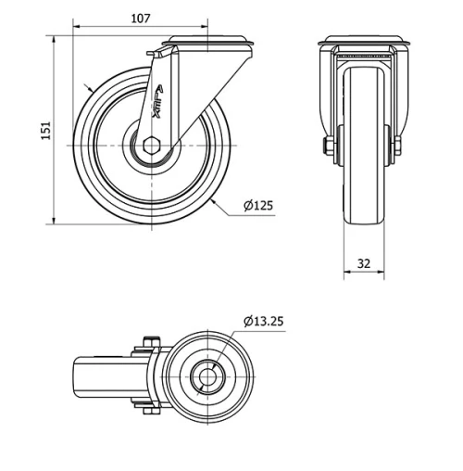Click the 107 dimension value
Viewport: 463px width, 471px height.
pyautogui.click(x=140, y=18)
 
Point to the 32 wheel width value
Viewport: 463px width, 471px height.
pyautogui.click(x=363, y=263)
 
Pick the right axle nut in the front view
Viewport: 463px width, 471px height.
pyautogui.click(x=397, y=146)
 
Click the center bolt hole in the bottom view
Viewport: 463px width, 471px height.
pyautogui.click(x=209, y=377)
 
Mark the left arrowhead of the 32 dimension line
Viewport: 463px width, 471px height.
pyautogui.click(x=346, y=274)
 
